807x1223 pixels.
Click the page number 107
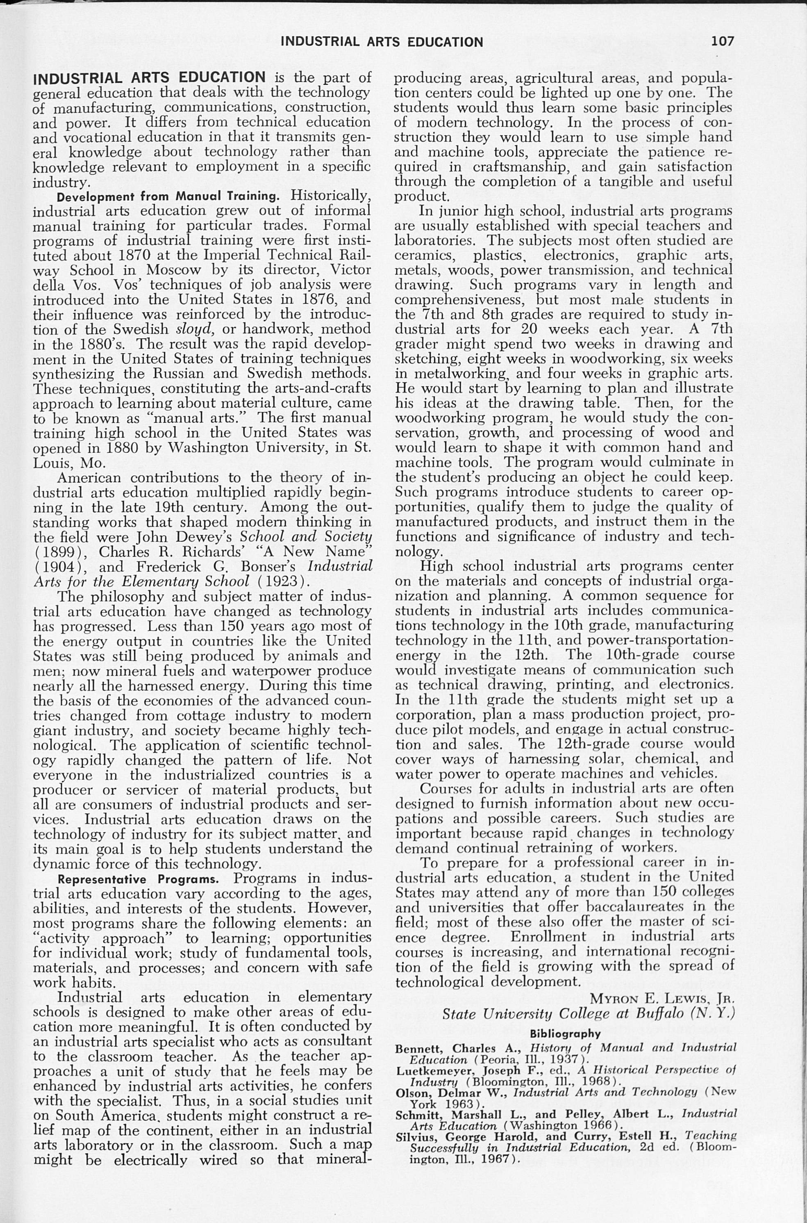click(x=723, y=41)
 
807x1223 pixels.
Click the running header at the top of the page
click(x=382, y=42)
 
